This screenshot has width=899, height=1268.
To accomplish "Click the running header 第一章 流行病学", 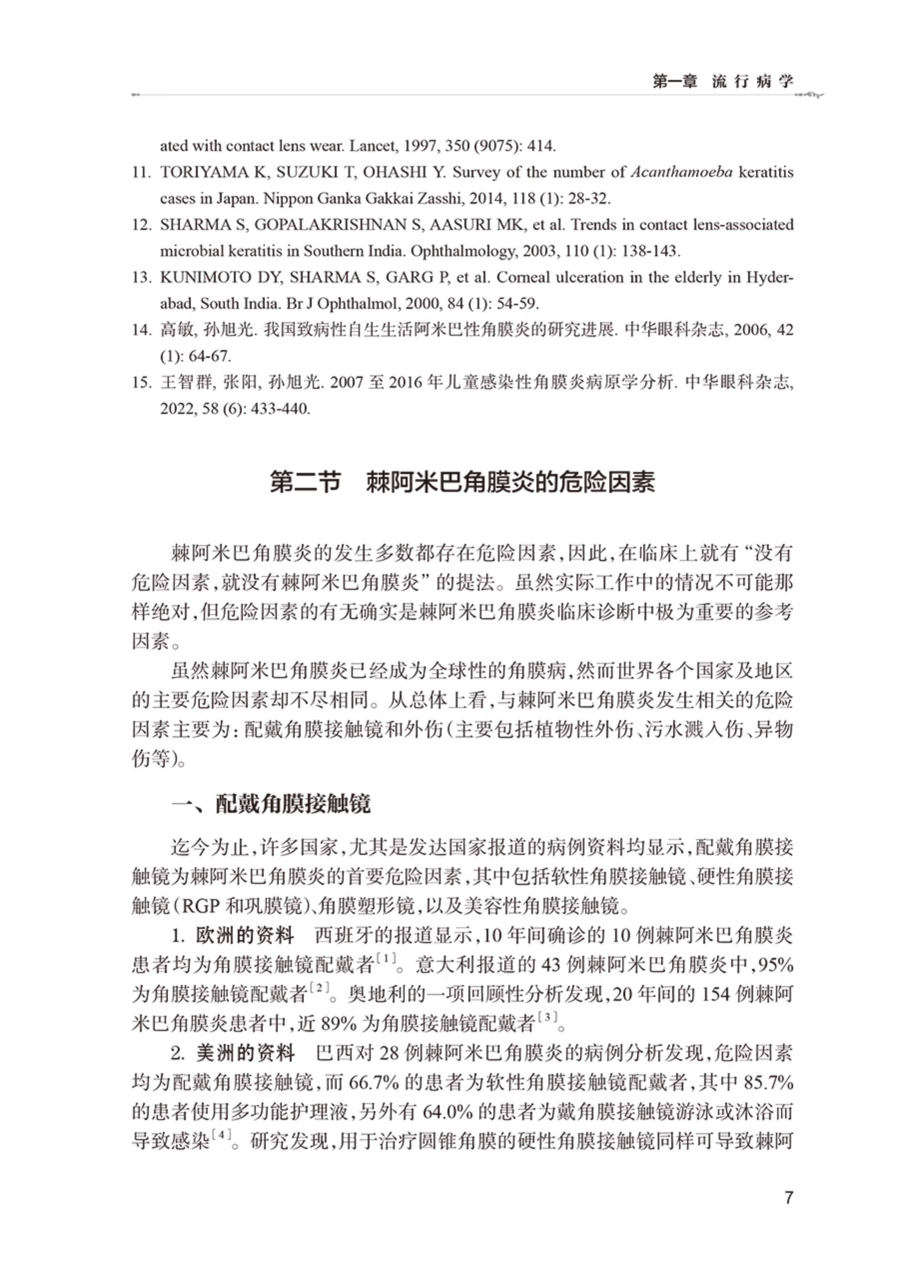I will tap(723, 81).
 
